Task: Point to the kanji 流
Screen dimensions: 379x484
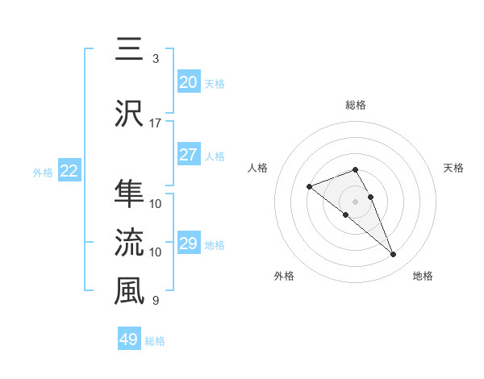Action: [x=129, y=242]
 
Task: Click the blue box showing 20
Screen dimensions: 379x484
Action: [x=189, y=81]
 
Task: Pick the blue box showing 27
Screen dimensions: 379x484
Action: [x=189, y=155]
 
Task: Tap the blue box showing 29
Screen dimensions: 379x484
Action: [x=189, y=244]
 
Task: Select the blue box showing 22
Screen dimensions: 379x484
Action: [x=69, y=171]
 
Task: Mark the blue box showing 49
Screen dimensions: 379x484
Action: [x=129, y=339]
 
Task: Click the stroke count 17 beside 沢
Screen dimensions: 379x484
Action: [x=156, y=123]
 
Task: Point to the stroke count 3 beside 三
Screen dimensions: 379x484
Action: [x=156, y=59]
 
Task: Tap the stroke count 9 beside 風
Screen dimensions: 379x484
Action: [x=156, y=302]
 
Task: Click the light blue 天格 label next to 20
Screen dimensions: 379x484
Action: [x=215, y=83]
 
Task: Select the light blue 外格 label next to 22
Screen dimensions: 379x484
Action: [x=43, y=172]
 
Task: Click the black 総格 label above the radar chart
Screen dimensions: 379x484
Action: [x=355, y=105]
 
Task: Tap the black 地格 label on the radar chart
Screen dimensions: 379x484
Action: [x=423, y=276]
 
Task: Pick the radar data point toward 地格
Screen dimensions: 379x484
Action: [x=393, y=255]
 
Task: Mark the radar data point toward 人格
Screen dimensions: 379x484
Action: [x=309, y=187]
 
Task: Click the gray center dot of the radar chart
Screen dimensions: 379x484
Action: [x=355, y=201]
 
